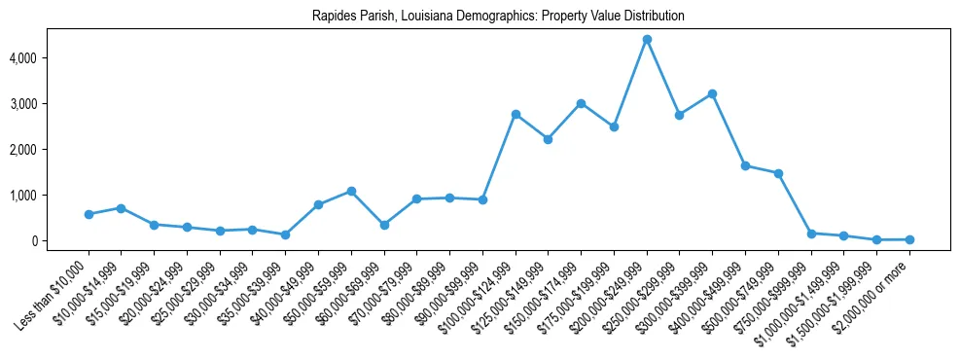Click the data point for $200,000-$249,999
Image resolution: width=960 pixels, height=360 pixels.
(x=647, y=40)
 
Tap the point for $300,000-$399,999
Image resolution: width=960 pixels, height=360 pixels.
(x=712, y=94)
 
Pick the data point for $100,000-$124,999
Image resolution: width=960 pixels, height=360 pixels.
(x=516, y=115)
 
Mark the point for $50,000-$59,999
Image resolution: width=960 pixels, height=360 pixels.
(x=351, y=192)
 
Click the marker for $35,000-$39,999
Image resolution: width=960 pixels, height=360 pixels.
(x=285, y=234)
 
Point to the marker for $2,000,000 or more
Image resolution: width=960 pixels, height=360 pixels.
(x=909, y=239)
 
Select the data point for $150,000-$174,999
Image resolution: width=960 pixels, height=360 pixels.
(x=581, y=103)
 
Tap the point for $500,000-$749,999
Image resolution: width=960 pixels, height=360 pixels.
(x=778, y=173)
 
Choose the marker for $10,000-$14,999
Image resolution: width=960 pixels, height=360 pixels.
(x=121, y=208)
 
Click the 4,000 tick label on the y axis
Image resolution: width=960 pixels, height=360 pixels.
(x=48, y=58)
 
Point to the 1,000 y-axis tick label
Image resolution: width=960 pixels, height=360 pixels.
(x=48, y=196)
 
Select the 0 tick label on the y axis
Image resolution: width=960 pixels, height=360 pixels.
(x=58, y=241)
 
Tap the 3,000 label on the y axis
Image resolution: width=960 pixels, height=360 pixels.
(x=48, y=104)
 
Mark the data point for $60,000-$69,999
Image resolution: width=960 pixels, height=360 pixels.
(x=384, y=225)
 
